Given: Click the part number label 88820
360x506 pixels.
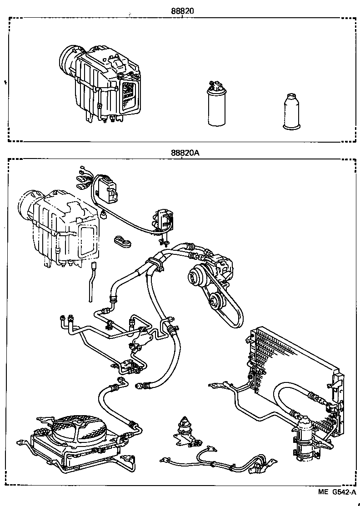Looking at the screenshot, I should [181, 10].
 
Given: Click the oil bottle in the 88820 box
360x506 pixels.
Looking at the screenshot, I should [289, 112].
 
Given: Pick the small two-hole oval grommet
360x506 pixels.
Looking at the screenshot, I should [122, 242].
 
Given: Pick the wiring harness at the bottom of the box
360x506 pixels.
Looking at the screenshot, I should [214, 463].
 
